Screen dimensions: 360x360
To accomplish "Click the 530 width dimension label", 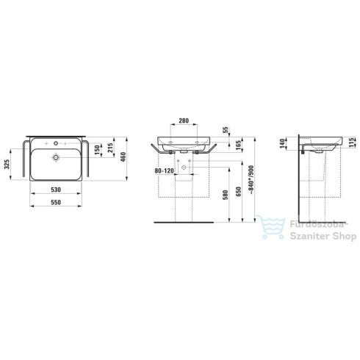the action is point(56,190).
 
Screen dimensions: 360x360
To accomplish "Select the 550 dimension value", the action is point(56,202).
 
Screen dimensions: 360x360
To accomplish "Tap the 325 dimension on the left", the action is point(7,164).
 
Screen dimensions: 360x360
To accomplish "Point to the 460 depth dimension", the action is point(123,157).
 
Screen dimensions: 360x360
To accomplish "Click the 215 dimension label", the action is point(110,148).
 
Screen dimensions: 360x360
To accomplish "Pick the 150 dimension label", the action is point(97,150).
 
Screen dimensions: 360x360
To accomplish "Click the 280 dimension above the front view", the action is point(184,120).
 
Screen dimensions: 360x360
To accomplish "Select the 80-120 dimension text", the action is point(164,170).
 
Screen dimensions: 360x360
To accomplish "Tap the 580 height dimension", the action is point(226,195).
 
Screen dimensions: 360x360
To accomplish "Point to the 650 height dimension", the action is point(239,192).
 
